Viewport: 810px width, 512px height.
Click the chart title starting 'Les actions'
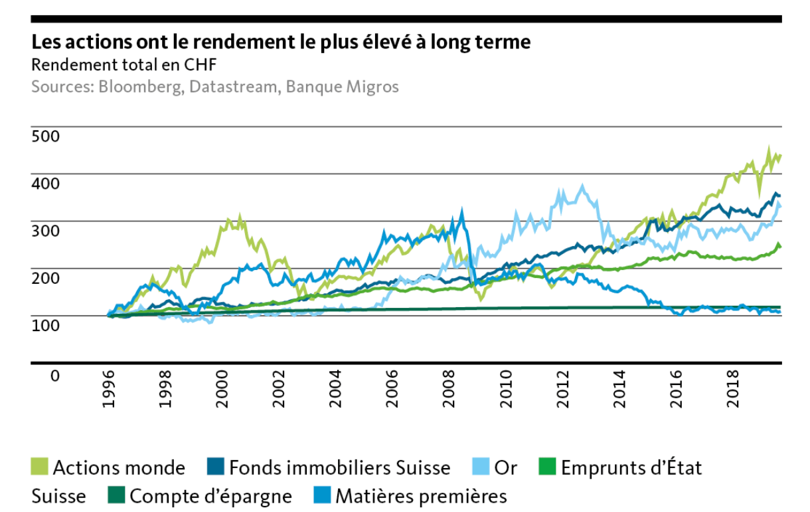tap(281, 43)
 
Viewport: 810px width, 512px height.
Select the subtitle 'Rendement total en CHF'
tap(124, 65)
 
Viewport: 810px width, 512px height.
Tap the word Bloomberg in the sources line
tap(139, 87)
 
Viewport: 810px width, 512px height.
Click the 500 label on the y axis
tap(46, 136)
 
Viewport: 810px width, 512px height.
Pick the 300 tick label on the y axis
tap(46, 231)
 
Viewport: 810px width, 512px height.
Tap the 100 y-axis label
tap(46, 325)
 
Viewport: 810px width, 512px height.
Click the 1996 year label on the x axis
tap(109, 392)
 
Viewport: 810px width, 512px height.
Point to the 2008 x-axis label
tap(449, 392)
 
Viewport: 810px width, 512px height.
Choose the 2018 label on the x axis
tap(733, 392)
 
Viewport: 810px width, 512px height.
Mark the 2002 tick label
tap(279, 392)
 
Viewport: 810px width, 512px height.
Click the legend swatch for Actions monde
tap(39, 467)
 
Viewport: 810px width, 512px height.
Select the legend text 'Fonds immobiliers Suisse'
tap(339, 467)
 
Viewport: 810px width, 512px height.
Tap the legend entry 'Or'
tap(505, 467)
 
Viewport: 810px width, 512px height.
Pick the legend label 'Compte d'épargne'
tap(210, 496)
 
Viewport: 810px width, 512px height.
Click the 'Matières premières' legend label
tap(421, 496)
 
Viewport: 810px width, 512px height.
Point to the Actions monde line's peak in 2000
tap(240, 217)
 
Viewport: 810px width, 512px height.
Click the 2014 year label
tap(619, 392)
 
